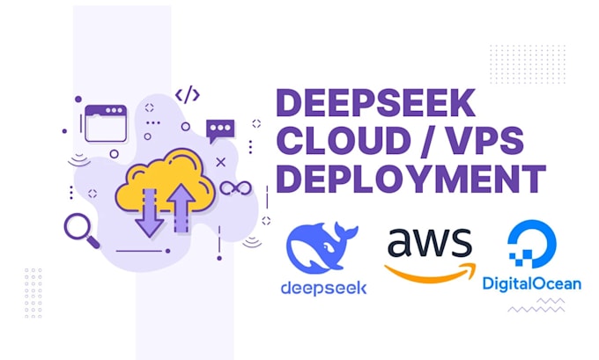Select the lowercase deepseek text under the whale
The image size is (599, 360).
[323, 287]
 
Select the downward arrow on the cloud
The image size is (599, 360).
[148, 211]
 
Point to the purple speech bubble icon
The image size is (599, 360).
[220, 131]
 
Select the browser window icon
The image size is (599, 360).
[105, 122]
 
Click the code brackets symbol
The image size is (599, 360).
[187, 94]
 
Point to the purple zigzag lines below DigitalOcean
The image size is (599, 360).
[536, 306]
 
